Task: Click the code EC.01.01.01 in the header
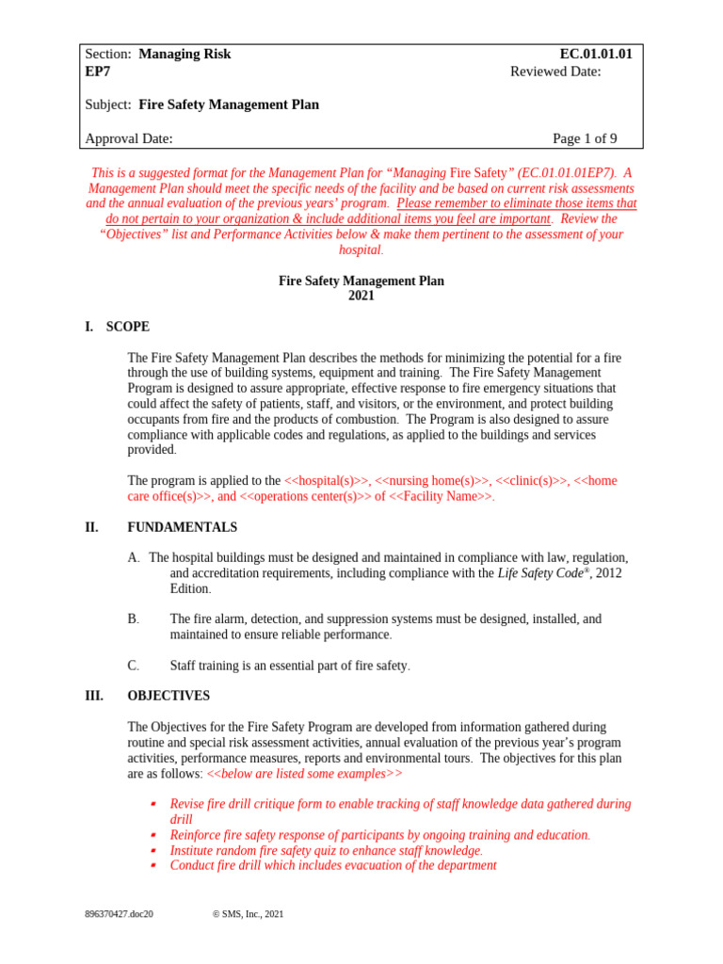click(x=596, y=55)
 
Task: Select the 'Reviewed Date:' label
click(x=555, y=72)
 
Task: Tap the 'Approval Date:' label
click(x=129, y=139)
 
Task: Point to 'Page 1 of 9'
click(x=585, y=139)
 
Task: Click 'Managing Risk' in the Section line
click(x=185, y=55)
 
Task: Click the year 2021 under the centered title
click(x=361, y=296)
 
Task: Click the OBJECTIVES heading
click(x=169, y=696)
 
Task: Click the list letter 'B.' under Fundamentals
click(x=133, y=619)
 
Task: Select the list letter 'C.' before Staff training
click(x=133, y=666)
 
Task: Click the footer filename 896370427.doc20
click(x=119, y=914)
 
